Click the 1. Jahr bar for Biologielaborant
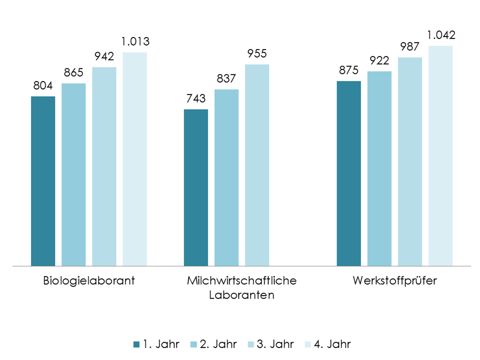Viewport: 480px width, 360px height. [43, 180]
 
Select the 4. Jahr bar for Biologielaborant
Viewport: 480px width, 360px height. [134, 158]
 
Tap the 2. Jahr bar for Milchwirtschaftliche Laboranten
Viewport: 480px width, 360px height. [226, 177]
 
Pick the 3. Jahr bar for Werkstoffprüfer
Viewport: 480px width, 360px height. [410, 161]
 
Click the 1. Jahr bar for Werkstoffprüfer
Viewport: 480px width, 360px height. [348, 173]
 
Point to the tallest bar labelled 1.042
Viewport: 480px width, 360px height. [440, 155]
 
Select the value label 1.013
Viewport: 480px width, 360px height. [134, 41]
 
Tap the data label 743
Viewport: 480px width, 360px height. [196, 99]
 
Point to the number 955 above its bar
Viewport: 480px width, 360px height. [257, 54]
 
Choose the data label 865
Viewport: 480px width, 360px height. [73, 73]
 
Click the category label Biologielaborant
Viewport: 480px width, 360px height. [88, 280]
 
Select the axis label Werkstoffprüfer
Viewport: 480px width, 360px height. [394, 280]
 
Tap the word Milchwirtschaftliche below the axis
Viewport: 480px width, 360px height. [241, 280]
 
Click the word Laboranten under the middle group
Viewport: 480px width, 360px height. [241, 294]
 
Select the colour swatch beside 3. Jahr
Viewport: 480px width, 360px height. [250, 344]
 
